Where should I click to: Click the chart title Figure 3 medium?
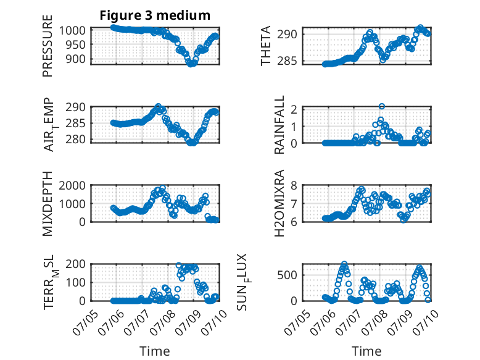coord(155,15)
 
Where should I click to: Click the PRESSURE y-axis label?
coord(48,46)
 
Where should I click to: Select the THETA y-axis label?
coord(266,46)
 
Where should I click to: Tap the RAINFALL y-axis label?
coord(279,125)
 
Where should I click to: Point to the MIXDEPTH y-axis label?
coord(48,204)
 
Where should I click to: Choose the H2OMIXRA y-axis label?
coord(279,203)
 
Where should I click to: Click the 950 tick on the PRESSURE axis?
coord(77,45)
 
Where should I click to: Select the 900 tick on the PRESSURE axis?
coord(77,59)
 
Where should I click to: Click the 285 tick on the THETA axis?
coord(287,61)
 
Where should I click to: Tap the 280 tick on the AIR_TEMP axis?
coord(76,140)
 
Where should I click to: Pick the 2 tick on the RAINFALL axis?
coord(294,109)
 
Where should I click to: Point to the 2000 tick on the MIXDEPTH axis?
coord(72,186)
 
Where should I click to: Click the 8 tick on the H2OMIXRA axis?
coord(294,186)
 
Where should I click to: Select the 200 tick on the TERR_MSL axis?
coord(76,264)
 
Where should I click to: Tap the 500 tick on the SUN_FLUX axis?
coord(287,275)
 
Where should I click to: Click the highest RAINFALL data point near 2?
coord(381,106)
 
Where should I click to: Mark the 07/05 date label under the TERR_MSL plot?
coord(84,322)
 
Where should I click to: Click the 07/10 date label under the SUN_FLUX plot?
coord(425,322)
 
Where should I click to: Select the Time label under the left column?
coord(155,351)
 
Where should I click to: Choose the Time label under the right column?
coord(366,351)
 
